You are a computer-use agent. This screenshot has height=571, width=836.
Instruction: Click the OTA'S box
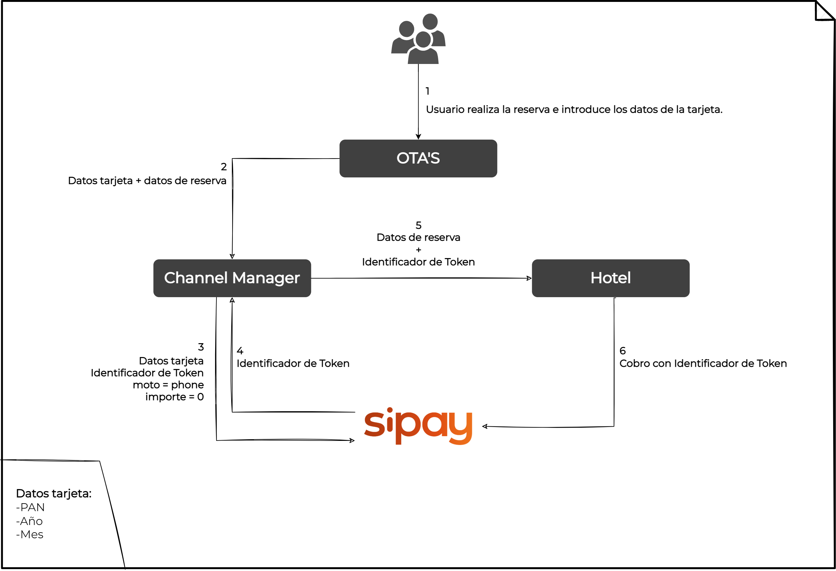pyautogui.click(x=418, y=159)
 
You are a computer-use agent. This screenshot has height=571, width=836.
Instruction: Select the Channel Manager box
pyautogui.click(x=232, y=278)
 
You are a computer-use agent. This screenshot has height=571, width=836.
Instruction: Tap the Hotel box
pyautogui.click(x=610, y=278)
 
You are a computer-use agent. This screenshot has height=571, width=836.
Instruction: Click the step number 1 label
pyautogui.click(x=427, y=91)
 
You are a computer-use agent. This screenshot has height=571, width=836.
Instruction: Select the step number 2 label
pyautogui.click(x=224, y=167)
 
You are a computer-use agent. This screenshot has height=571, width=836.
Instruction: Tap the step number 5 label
pyautogui.click(x=418, y=225)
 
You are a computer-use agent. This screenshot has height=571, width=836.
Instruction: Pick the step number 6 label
pyautogui.click(x=623, y=351)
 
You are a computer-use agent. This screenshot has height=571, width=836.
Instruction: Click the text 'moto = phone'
pyautogui.click(x=168, y=385)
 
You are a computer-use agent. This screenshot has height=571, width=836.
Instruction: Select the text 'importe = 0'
pyautogui.click(x=174, y=397)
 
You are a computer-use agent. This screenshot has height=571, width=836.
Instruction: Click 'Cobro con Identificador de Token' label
pyautogui.click(x=703, y=363)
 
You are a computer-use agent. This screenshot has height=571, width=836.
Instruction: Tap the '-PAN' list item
pyautogui.click(x=31, y=507)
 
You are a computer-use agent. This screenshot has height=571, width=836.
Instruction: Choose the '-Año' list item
pyautogui.click(x=30, y=521)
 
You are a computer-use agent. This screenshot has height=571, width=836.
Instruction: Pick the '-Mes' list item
pyautogui.click(x=30, y=534)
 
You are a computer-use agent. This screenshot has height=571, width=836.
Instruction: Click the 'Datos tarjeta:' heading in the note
pyautogui.click(x=54, y=493)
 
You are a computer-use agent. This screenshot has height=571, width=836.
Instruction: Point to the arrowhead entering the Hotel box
pyautogui.click(x=529, y=278)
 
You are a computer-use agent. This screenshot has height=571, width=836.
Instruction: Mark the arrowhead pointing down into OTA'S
pyautogui.click(x=418, y=136)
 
